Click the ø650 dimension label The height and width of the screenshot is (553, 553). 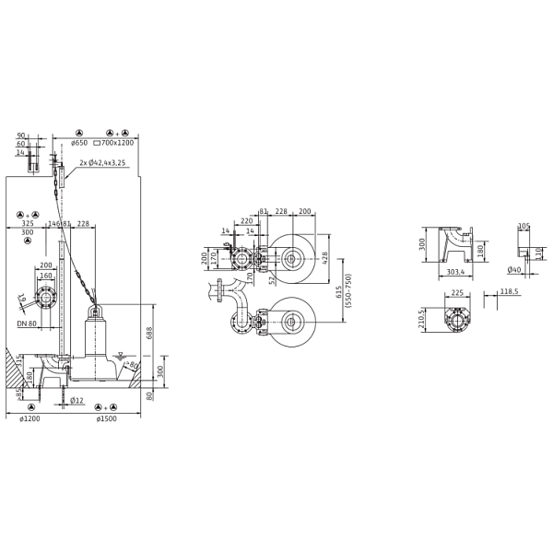coord(81,144)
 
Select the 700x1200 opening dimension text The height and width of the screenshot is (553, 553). coord(118,144)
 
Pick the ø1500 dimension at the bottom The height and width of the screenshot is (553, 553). coord(108,420)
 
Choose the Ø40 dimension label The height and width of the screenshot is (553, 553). coord(513,270)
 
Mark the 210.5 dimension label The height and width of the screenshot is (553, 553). coord(423,320)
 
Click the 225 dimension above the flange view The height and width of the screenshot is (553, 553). coord(454,296)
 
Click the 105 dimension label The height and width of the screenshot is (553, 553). coord(524,225)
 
